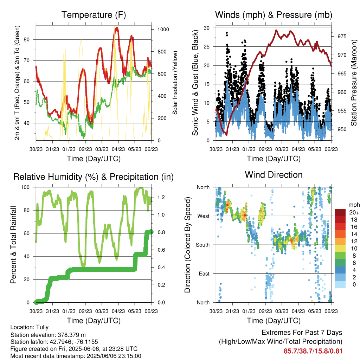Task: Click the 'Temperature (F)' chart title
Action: tap(94, 15)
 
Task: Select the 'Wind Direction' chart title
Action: tap(274, 175)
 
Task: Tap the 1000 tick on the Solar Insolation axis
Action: tap(163, 30)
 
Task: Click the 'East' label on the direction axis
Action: tap(204, 274)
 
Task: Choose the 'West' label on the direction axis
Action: tap(204, 216)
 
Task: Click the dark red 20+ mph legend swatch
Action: tap(340, 212)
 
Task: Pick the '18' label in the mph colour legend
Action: tap(354, 220)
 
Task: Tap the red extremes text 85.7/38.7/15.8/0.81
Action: tap(313, 351)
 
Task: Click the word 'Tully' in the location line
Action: tap(43, 327)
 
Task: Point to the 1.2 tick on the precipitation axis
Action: tap(161, 197)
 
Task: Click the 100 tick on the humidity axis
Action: tap(25, 187)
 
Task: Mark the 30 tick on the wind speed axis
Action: tap(206, 28)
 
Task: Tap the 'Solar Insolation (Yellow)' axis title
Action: tap(175, 83)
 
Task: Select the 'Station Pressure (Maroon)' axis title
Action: tap(354, 83)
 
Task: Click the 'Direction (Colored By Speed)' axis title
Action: tap(187, 245)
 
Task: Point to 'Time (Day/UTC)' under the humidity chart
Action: tap(94, 321)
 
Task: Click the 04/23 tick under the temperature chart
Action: tap(118, 149)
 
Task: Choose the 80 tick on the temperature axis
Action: tap(27, 39)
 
